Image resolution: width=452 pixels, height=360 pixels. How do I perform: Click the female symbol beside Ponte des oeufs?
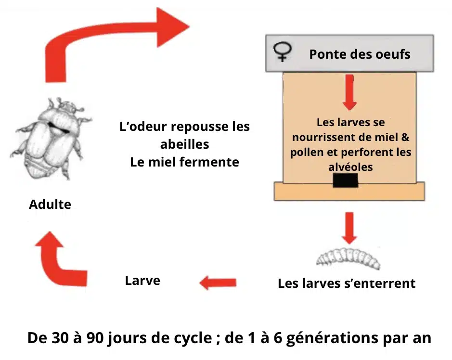click(x=282, y=52)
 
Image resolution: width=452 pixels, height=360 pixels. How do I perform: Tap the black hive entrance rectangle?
click(x=345, y=180)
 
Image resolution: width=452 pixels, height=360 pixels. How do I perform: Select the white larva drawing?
click(x=348, y=257)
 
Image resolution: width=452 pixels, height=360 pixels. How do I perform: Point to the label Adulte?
click(x=50, y=205)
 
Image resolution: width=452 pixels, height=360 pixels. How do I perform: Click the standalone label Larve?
click(x=142, y=280)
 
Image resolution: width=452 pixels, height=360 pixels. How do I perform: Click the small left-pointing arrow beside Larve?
click(x=218, y=282)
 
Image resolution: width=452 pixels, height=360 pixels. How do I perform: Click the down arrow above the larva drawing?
click(x=350, y=226)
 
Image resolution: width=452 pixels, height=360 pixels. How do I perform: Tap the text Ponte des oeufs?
click(x=360, y=54)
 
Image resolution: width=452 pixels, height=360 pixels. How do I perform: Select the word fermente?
click(x=212, y=162)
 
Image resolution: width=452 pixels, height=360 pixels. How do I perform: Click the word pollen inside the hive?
click(x=309, y=153)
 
